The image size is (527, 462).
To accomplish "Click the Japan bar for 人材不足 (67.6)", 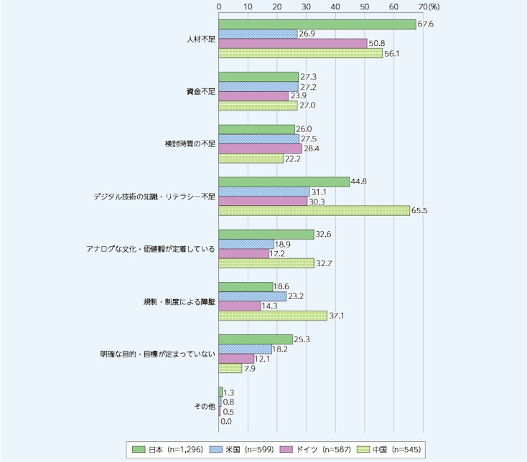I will pos(317,24).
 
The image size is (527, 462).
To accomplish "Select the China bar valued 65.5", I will pos(314,210).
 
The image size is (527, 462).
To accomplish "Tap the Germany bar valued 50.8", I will pos(293,43).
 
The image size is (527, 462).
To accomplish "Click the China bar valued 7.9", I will pos(230,368).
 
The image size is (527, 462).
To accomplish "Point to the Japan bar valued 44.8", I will pos(284,182).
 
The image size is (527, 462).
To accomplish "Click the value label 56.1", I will pos(392,53).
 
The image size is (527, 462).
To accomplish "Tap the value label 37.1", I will pos(337,316).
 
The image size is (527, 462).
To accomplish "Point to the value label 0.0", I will pos(227,421).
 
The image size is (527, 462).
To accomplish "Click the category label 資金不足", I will pos(200,91).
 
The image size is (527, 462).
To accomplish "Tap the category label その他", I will pos(205,407).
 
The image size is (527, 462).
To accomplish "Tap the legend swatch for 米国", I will pos(216,449).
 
